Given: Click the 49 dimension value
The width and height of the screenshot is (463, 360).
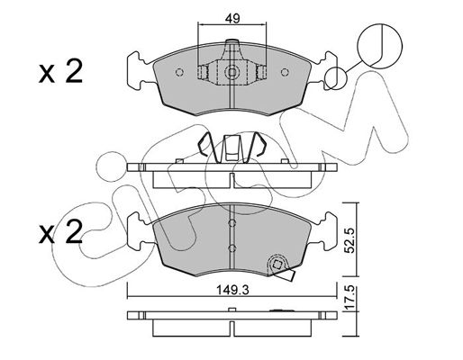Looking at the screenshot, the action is click(x=232, y=19).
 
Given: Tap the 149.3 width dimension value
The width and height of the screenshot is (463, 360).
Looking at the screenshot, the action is click(x=232, y=290).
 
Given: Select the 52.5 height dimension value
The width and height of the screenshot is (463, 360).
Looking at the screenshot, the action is click(x=351, y=240).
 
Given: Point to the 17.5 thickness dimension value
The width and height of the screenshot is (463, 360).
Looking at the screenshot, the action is click(x=351, y=298).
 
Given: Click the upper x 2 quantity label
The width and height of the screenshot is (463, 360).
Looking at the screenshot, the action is click(x=60, y=71).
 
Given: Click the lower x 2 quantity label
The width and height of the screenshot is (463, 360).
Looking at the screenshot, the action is click(x=60, y=231).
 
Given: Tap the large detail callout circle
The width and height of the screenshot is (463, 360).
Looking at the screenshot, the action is click(x=379, y=46).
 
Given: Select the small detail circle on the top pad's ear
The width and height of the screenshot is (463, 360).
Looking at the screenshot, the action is click(x=335, y=78).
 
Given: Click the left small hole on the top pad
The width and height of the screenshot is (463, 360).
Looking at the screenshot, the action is click(x=179, y=72).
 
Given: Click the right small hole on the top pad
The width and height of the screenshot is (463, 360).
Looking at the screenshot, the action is click(x=285, y=72).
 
